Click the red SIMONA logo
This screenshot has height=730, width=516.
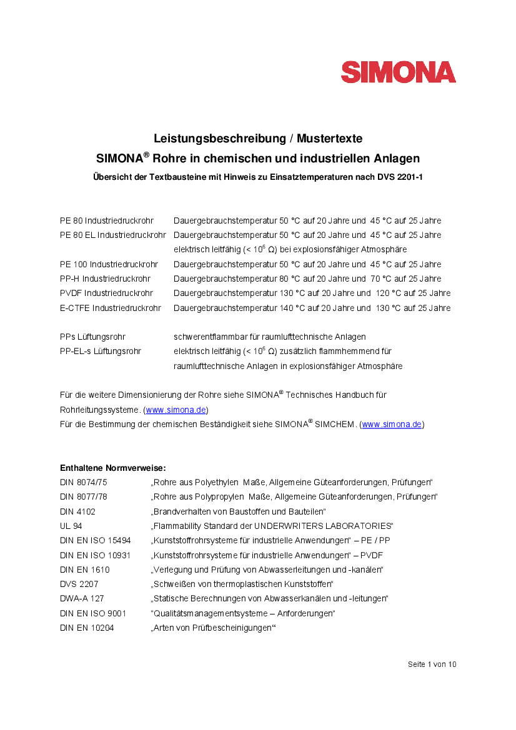(x=398, y=72)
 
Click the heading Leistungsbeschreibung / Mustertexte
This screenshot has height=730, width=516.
(x=258, y=138)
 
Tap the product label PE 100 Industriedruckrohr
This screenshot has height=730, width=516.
(x=109, y=264)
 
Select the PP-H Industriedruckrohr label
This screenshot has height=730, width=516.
(x=105, y=279)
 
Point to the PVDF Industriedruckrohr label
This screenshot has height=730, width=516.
(x=106, y=293)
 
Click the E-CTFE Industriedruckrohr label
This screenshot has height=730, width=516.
(x=110, y=308)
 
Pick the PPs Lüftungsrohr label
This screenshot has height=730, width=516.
(x=92, y=337)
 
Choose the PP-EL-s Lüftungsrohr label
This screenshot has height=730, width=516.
(x=101, y=351)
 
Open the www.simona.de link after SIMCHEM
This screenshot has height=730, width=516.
(x=392, y=425)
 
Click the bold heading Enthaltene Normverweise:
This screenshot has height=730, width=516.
(x=112, y=468)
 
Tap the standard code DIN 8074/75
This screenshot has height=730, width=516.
(x=84, y=482)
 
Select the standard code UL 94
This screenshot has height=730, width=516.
(x=71, y=526)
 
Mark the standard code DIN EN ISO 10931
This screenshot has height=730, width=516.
(x=95, y=555)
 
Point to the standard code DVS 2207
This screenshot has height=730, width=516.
(x=79, y=584)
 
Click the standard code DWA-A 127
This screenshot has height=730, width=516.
(x=82, y=598)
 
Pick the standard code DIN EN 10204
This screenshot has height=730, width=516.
(x=87, y=628)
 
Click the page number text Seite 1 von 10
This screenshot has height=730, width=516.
(x=432, y=664)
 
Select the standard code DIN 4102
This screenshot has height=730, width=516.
(x=77, y=511)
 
